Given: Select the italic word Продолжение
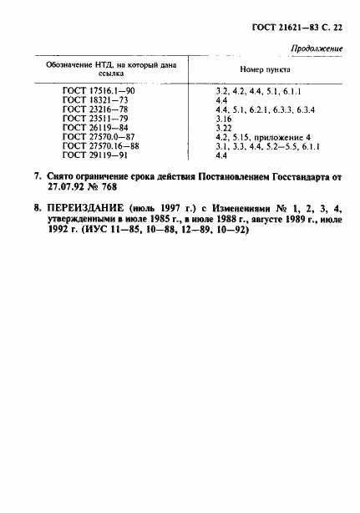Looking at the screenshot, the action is pyautogui.click(x=318, y=49).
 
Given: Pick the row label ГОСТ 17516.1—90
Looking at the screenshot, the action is pyautogui.click(x=99, y=90).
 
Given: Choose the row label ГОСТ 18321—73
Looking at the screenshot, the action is pyautogui.click(x=94, y=99).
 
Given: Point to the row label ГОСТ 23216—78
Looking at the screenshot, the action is pyautogui.click(x=94, y=109).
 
